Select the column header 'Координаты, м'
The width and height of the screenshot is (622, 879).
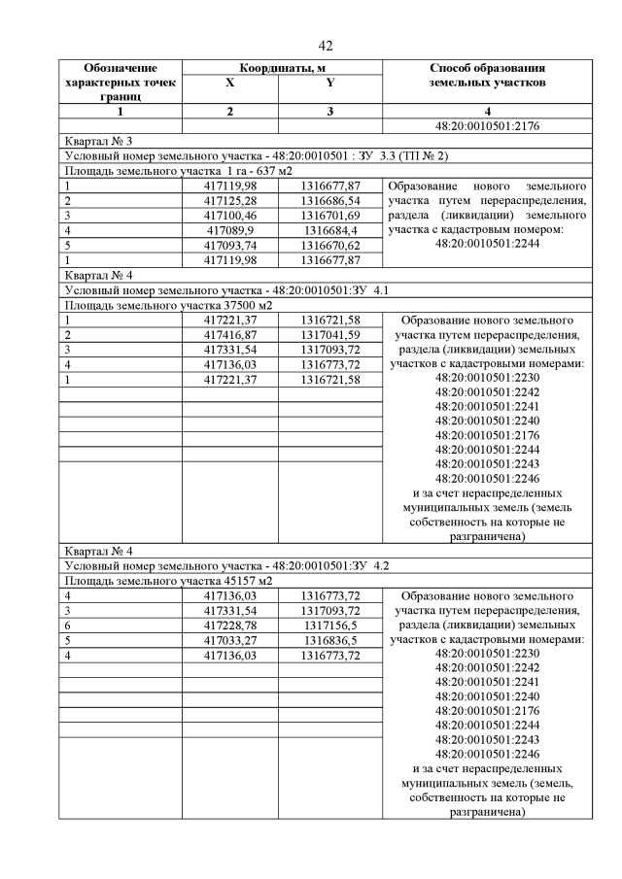click(x=281, y=68)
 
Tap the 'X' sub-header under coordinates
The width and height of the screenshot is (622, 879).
click(x=229, y=84)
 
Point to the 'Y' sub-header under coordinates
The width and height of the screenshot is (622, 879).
click(x=329, y=84)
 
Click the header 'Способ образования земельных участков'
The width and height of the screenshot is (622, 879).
click(x=486, y=76)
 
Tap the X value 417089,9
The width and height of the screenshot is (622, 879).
click(x=229, y=229)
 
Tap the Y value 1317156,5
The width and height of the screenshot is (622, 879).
click(x=329, y=625)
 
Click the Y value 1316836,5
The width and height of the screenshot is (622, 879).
click(x=329, y=641)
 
